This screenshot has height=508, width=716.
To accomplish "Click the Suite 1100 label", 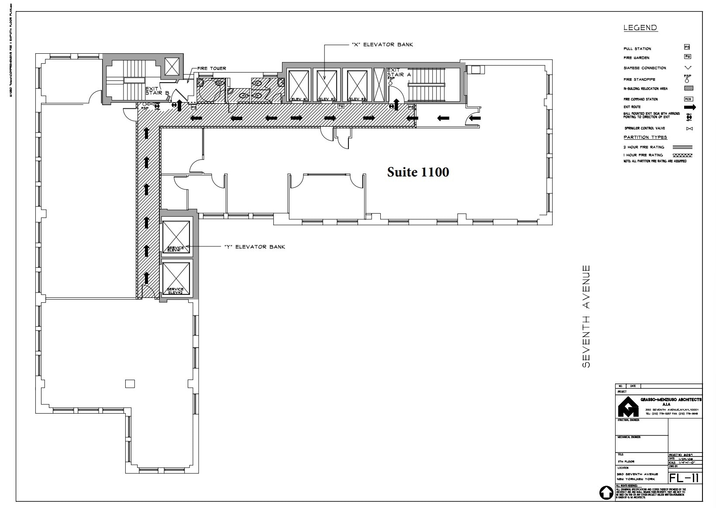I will pyautogui.click(x=418, y=172).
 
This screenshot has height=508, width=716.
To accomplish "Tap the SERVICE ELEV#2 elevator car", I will pyautogui.click(x=176, y=278).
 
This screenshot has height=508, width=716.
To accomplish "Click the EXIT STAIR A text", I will pyautogui.click(x=398, y=73).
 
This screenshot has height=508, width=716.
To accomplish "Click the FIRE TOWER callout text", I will pyautogui.click(x=212, y=69).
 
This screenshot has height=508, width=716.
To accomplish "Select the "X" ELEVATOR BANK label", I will pyautogui.click(x=382, y=45).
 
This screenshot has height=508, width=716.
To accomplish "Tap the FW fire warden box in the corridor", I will pyautogui.click(x=341, y=106).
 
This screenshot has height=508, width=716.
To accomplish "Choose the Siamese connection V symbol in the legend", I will pyautogui.click(x=688, y=68).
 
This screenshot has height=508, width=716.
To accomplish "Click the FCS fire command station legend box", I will pyautogui.click(x=688, y=99).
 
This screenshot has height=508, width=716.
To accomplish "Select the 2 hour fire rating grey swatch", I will pyautogui.click(x=682, y=147).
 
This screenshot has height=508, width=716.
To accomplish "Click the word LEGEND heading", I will pyautogui.click(x=640, y=28).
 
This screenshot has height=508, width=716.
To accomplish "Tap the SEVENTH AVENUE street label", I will pyautogui.click(x=586, y=316).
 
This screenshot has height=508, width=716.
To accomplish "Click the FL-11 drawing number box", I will pyautogui.click(x=685, y=477).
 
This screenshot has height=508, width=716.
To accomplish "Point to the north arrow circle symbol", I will pyautogui.click(x=606, y=493).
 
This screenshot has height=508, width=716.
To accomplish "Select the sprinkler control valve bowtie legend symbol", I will pyautogui.click(x=689, y=128).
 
